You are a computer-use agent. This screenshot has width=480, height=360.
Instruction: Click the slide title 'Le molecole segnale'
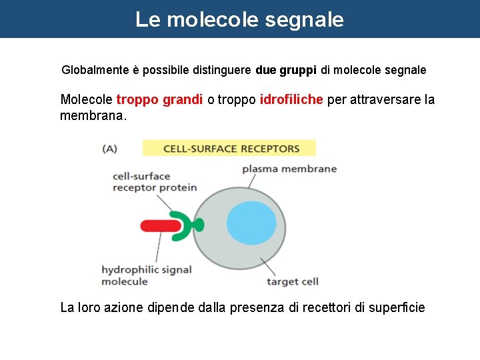tap(239, 19)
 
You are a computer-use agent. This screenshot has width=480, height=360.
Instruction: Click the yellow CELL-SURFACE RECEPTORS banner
tap(229, 148)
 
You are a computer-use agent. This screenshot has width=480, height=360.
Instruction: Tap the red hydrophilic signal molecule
tap(160, 226)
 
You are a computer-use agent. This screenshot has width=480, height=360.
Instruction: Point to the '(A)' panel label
tap(109, 149)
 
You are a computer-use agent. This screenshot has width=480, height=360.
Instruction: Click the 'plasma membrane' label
tap(289, 169)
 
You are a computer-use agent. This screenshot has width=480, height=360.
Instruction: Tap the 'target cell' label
tap(293, 281)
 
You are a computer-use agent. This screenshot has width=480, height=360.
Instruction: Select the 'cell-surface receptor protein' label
tap(155, 182)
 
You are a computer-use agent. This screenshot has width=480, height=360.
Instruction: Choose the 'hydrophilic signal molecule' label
tap(146, 275)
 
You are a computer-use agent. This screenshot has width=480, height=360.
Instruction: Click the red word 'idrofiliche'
tap(291, 100)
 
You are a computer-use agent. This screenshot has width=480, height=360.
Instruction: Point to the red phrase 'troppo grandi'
tap(159, 100)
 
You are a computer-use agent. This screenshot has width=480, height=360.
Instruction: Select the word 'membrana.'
tap(93, 116)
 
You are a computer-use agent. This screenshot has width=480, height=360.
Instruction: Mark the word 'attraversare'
tap(384, 100)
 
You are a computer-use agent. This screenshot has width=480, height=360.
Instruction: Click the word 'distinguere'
tap(223, 70)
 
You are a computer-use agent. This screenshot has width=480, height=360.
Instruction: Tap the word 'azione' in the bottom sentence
tap(121, 308)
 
